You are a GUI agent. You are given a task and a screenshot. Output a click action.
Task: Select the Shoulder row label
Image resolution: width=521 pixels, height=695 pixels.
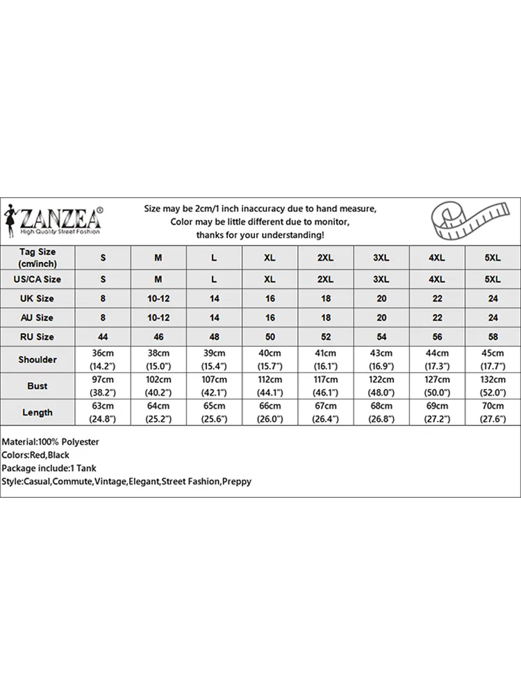[x=38, y=359]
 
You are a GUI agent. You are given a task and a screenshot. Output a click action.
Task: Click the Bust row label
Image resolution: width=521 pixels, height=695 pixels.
[x=38, y=386]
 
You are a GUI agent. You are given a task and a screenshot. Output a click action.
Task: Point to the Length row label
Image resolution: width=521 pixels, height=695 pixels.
[x=38, y=412]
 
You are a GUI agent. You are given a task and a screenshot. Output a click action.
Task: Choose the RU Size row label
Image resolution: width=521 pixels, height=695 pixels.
[x=38, y=336]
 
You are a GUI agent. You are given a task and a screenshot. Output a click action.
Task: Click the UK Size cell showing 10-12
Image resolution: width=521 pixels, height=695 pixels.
[x=158, y=298]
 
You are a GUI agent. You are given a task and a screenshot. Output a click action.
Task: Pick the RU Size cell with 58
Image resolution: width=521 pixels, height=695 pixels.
[x=493, y=336]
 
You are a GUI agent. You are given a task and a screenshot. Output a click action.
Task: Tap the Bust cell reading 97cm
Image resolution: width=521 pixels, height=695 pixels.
[x=103, y=386]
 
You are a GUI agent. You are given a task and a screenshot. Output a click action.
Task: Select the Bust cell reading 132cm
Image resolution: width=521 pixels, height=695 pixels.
[x=493, y=386]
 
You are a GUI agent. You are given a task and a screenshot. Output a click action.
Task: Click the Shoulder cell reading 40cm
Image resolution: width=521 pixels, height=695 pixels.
[x=270, y=359]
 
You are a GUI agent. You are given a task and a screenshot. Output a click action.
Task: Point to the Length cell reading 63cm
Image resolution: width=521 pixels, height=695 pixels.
[x=103, y=412]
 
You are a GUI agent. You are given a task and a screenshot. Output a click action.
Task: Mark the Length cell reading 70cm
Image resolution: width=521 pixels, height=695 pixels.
[x=493, y=412]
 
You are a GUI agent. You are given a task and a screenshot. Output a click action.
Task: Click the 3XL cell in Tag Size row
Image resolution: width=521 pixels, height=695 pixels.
[x=381, y=257]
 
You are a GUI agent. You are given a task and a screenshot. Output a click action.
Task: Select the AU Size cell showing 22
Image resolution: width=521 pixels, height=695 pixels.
[x=437, y=318]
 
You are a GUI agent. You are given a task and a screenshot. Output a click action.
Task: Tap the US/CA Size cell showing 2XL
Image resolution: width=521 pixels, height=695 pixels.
[x=325, y=279]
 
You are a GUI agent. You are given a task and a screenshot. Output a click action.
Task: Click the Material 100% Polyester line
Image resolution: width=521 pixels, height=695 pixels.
[x=51, y=442]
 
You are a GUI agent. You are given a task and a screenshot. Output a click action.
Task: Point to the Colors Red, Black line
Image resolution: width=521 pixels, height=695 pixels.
[x=35, y=455]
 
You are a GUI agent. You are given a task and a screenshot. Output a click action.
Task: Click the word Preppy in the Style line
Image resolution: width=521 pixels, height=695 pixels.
[x=238, y=481]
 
